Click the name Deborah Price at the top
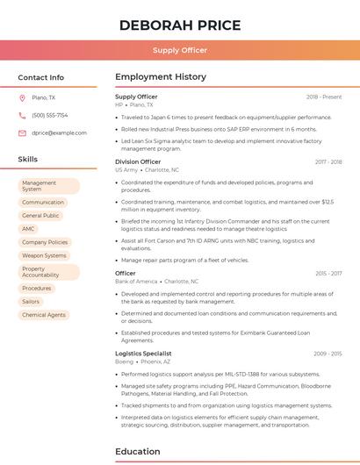pyautogui.click(x=180, y=25)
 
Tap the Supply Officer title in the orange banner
pyautogui.click(x=180, y=50)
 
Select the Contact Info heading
pyautogui.click(x=40, y=77)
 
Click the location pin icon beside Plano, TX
pyautogui.click(x=22, y=97)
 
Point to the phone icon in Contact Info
pyautogui.click(x=22, y=115)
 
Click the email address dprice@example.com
pyautogui.click(x=59, y=132)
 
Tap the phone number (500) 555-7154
pyautogui.click(x=49, y=115)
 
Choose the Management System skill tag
pyautogui.click(x=48, y=186)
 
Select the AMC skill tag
pyautogui.click(x=29, y=228)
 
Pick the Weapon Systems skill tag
pyautogui.click(x=44, y=255)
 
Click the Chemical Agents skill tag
pyautogui.click(x=44, y=314)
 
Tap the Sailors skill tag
pyautogui.click(x=31, y=301)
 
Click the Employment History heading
pyautogui.click(x=161, y=77)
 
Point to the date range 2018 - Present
pyautogui.click(x=324, y=97)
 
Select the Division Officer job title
pyautogui.click(x=138, y=161)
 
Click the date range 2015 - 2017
pyautogui.click(x=328, y=273)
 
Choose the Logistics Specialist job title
pyautogui.click(x=142, y=353)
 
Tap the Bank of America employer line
pyautogui.click(x=149, y=281)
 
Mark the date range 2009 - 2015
pyautogui.click(x=328, y=353)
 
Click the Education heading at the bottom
pyautogui.click(x=139, y=452)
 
